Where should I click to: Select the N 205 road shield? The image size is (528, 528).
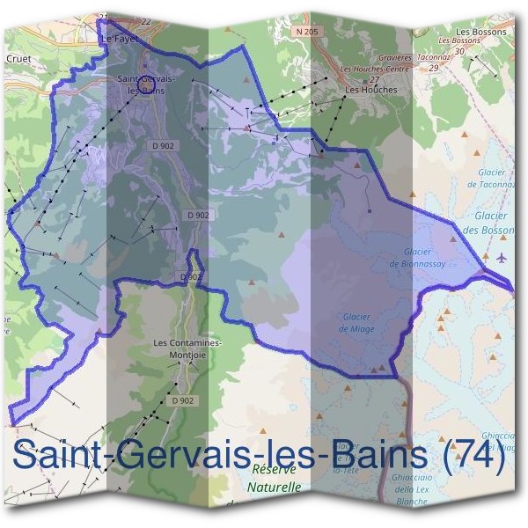coord(305,33)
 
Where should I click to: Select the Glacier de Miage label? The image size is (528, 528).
coord(356,323)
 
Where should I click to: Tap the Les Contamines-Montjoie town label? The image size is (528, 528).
coord(187,348)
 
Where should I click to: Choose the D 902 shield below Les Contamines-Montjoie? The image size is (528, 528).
coord(183,400)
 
